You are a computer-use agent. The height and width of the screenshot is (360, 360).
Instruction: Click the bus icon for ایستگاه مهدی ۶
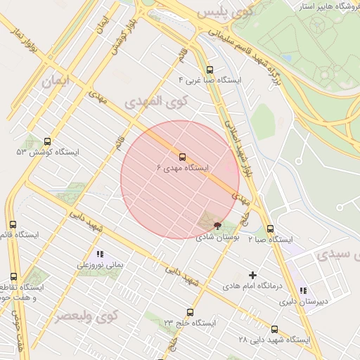[x=183, y=157]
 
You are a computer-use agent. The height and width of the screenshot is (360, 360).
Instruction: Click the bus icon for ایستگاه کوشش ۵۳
[x=47, y=141]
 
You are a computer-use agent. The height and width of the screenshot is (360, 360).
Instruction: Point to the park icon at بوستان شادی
[x=217, y=226]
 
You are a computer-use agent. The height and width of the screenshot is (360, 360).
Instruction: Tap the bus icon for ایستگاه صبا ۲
[x=271, y=229]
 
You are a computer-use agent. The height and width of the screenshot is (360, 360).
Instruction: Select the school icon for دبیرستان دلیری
[x=303, y=290]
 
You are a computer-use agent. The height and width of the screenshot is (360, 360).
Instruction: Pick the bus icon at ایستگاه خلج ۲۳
[x=189, y=312]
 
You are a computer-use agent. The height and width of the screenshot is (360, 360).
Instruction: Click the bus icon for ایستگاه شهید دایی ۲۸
[x=274, y=329]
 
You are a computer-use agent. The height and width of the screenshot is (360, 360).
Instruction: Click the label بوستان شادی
[x=219, y=238]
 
